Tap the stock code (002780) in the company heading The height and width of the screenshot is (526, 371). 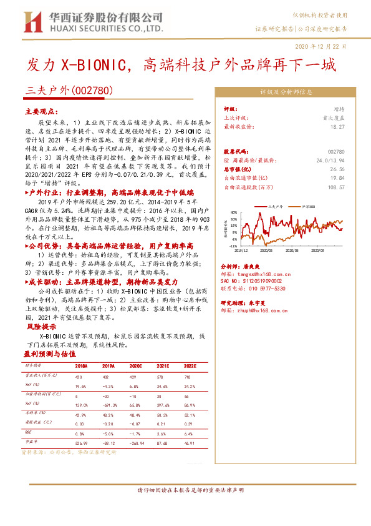pyautogui.click(x=92, y=90)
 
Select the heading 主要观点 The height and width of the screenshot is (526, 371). pyautogui.click(x=40, y=111)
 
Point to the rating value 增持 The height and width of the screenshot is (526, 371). pyautogui.click(x=339, y=109)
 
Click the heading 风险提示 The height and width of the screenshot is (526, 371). pyautogui.click(x=41, y=327)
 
